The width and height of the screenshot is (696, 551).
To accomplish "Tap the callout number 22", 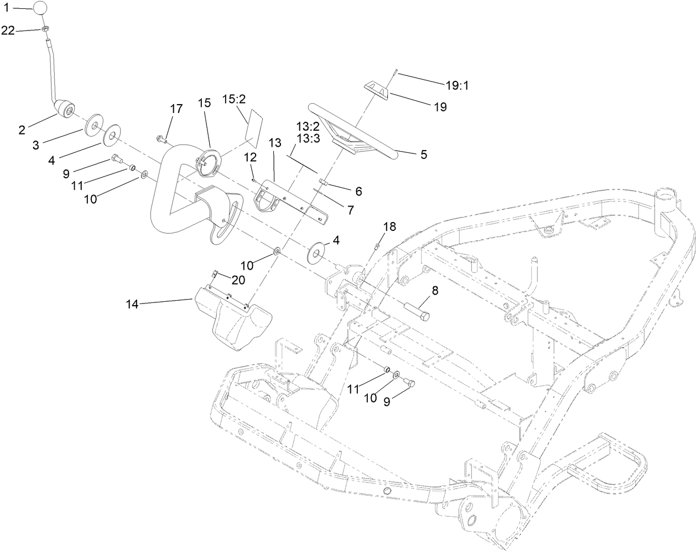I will (8, 31).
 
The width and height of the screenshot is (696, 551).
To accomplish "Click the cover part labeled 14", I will (232, 320).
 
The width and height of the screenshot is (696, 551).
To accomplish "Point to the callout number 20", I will (238, 280).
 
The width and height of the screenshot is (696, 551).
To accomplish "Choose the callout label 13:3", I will (308, 138).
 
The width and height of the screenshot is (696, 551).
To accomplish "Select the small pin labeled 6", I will (324, 183).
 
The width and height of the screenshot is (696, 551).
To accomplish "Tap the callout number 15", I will (204, 103).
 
